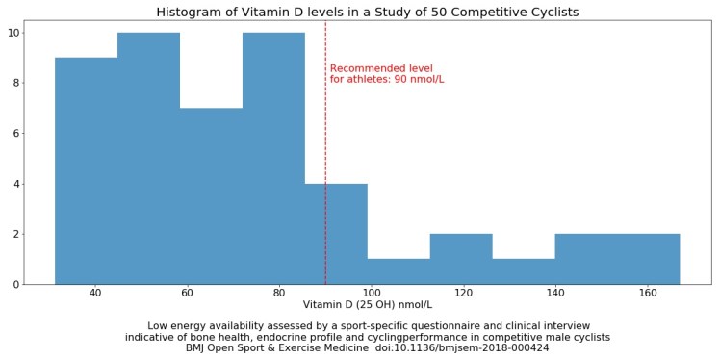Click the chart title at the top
367,12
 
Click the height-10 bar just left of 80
273,158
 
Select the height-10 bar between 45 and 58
148,158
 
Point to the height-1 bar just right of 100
399,270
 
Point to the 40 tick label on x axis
95,293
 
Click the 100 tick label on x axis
372,293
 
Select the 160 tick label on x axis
648,293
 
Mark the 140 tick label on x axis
555,293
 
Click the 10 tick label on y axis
13,33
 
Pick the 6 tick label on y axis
15,134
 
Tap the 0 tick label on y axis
15,284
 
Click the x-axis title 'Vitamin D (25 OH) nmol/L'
367,305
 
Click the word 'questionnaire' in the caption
422,326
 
